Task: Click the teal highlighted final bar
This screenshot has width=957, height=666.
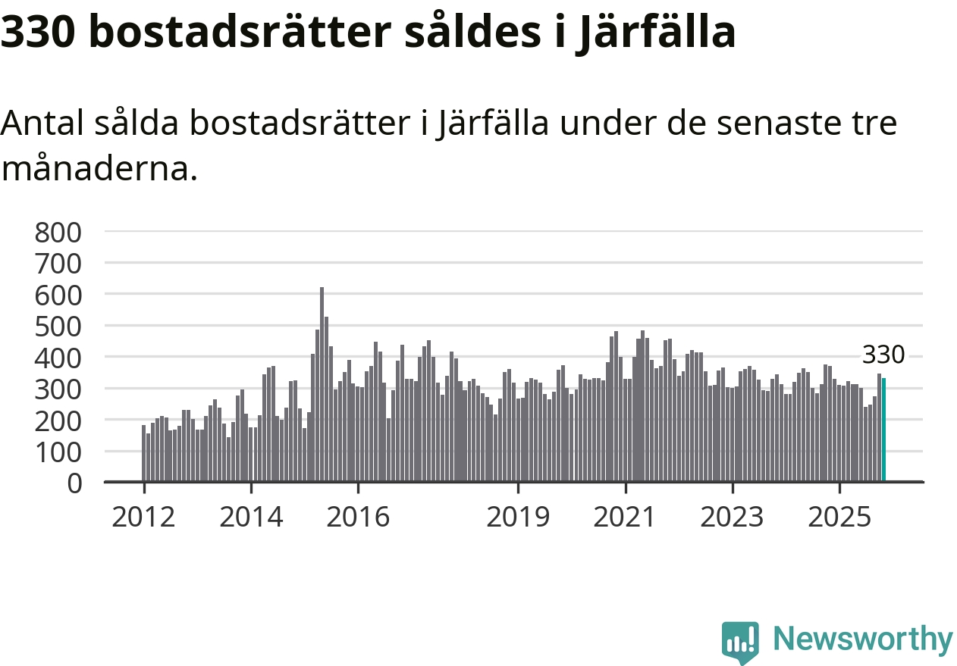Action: tap(883, 430)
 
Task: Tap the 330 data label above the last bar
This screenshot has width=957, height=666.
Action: tap(883, 355)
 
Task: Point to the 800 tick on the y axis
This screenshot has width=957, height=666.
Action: tap(58, 232)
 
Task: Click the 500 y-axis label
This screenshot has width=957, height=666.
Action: tap(58, 326)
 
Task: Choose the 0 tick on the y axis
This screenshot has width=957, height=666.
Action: tap(74, 483)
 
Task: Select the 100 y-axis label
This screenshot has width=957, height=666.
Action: tap(58, 452)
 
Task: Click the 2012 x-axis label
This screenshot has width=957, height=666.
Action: tap(143, 517)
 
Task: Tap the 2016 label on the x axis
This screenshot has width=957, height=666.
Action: tap(358, 517)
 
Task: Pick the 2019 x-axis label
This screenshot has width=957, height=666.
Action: tap(518, 517)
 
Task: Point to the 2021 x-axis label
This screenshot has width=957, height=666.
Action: tap(626, 517)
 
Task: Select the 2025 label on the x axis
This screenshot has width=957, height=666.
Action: tap(839, 517)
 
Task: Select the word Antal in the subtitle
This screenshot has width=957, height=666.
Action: tap(43, 123)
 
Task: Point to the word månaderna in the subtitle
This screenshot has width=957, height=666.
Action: tap(99, 169)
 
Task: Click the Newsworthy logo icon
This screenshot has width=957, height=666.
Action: tap(739, 643)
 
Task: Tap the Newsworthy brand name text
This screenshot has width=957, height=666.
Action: tap(862, 640)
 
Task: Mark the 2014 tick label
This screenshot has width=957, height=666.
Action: tap(250, 517)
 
